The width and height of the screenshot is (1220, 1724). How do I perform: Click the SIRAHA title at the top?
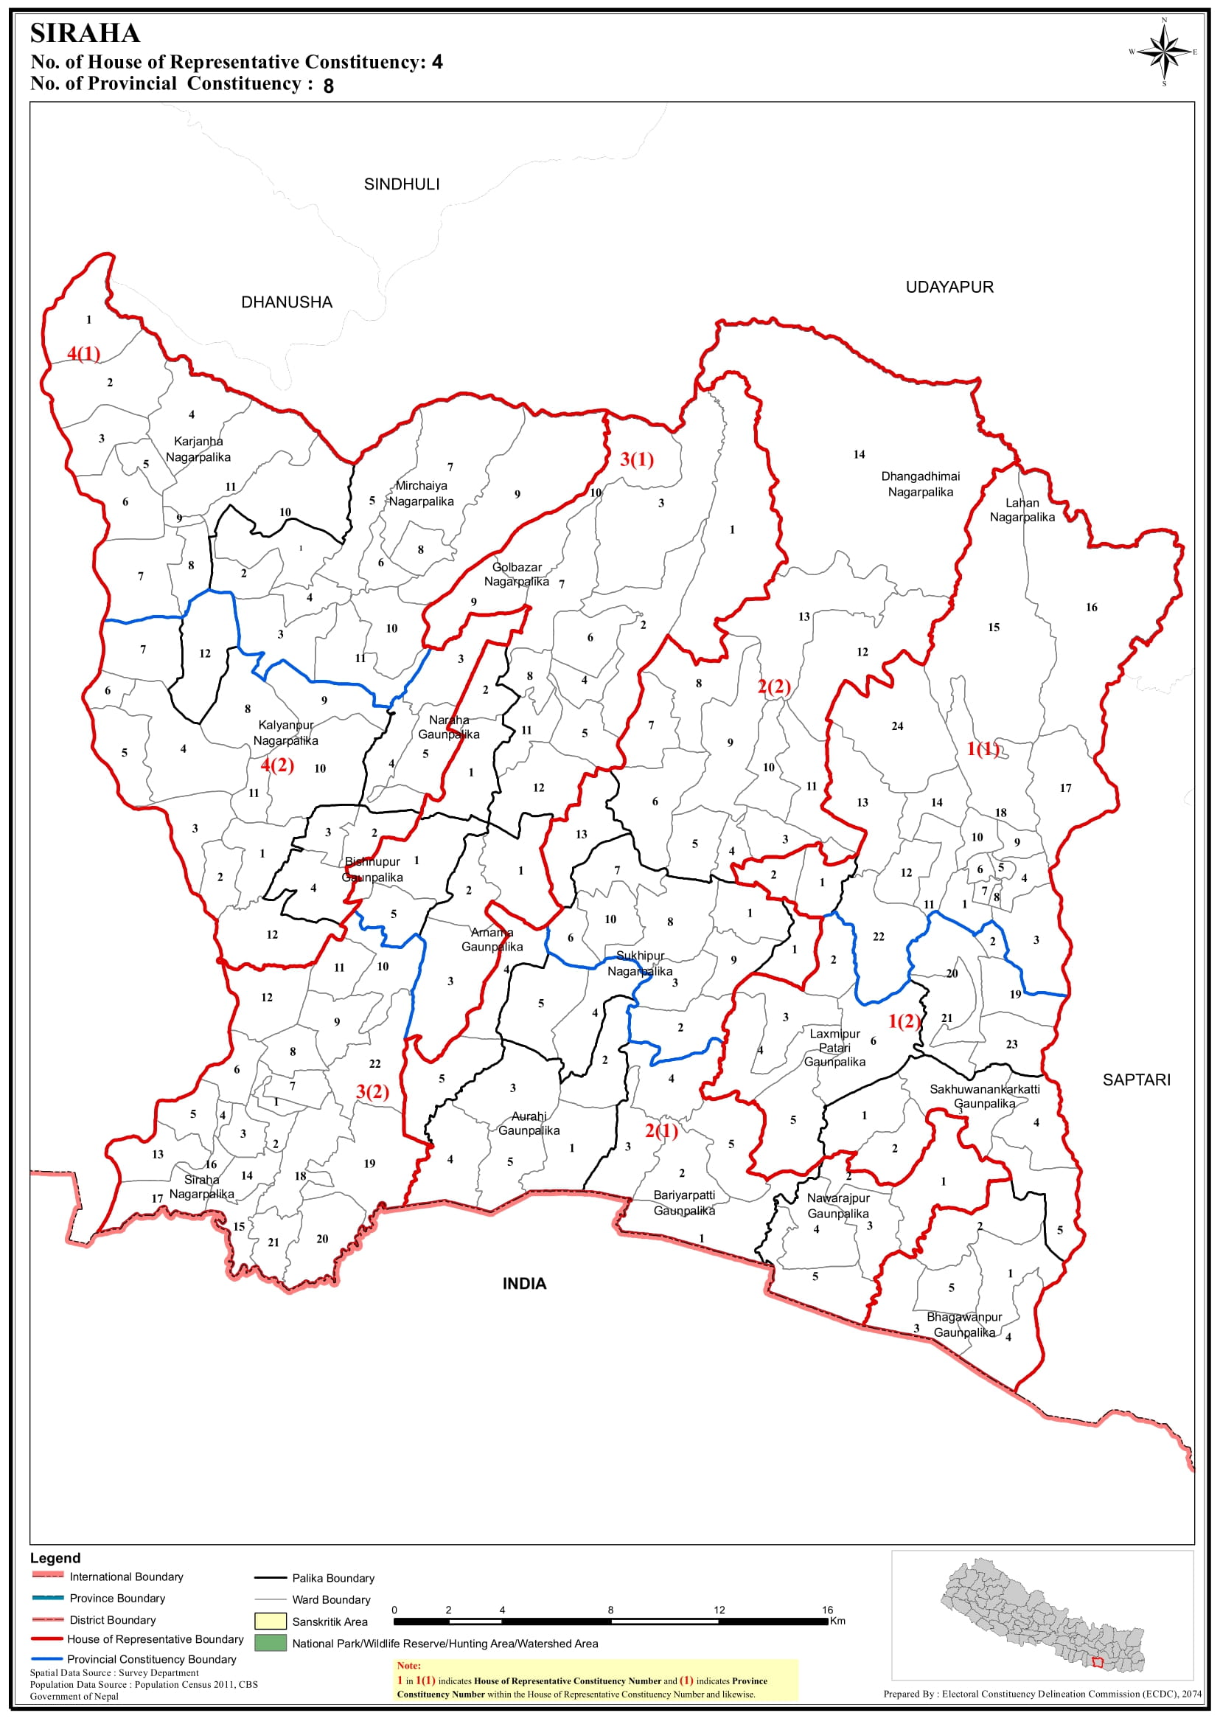pos(85,34)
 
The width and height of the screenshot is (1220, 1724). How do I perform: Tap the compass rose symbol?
pos(1164,52)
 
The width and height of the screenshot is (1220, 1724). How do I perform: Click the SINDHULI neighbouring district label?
pos(401,184)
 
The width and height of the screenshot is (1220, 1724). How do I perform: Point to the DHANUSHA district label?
pos(286,302)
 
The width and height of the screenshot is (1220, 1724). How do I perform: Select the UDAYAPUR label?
pos(949,287)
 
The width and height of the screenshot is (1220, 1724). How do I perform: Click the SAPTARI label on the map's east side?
pos(1136,1080)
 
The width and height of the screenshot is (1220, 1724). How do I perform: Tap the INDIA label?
pos(524,1284)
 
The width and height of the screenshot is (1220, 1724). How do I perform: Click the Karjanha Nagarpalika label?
pos(198,449)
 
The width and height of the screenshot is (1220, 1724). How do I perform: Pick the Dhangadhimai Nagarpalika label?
pos(920,484)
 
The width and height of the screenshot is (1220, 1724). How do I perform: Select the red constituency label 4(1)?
pos(83,353)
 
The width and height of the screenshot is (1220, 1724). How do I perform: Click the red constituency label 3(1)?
pos(636,459)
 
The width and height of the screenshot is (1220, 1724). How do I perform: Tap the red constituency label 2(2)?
pos(774,687)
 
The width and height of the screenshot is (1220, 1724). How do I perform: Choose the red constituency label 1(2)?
pos(904,1021)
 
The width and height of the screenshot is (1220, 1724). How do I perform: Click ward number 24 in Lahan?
pos(897,726)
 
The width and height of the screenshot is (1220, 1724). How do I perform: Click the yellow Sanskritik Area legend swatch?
pos(271,1621)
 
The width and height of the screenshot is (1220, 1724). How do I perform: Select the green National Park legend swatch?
pos(271,1643)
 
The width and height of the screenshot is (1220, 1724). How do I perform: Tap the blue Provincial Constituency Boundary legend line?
pos(46,1658)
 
